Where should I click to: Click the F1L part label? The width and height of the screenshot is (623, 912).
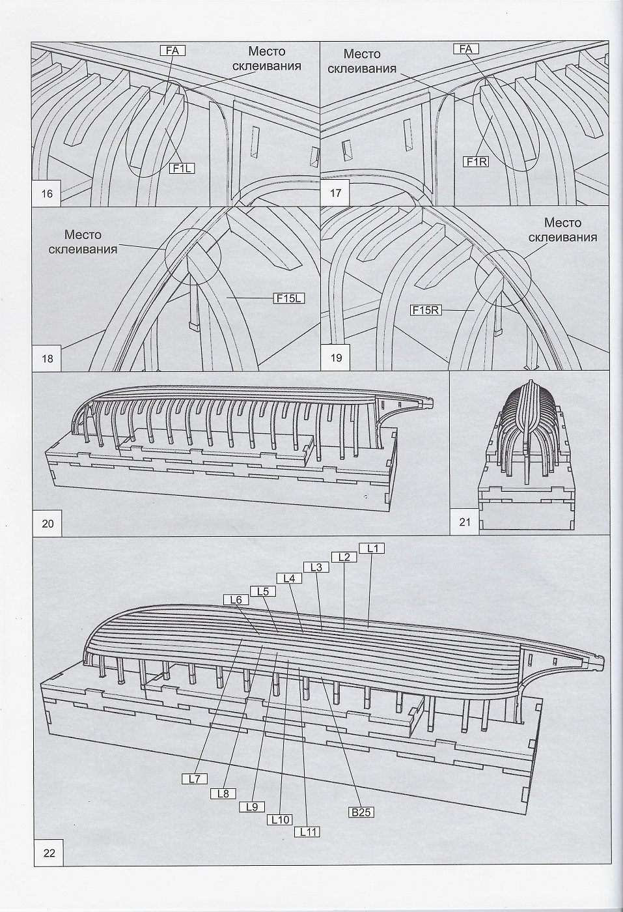click(x=182, y=168)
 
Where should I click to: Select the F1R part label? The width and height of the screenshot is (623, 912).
click(x=475, y=160)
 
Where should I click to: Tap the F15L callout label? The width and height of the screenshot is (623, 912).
click(x=289, y=299)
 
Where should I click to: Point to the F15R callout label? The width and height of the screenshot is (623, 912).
click(x=426, y=311)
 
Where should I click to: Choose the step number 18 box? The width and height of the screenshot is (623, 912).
click(x=48, y=358)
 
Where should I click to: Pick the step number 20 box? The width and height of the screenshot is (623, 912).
click(x=48, y=523)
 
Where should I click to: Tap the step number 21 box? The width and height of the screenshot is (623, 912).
click(x=465, y=522)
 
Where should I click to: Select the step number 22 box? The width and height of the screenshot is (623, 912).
click(x=49, y=854)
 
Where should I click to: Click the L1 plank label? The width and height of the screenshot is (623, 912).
click(x=373, y=548)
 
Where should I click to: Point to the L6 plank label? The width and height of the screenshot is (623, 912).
click(x=236, y=599)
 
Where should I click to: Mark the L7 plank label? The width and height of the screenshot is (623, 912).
click(x=194, y=778)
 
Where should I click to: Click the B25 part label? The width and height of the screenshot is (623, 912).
click(x=361, y=812)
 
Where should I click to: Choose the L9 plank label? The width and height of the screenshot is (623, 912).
click(x=253, y=806)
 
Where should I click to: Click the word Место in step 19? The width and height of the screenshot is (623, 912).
click(x=562, y=223)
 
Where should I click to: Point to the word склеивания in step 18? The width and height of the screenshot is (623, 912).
click(x=83, y=249)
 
